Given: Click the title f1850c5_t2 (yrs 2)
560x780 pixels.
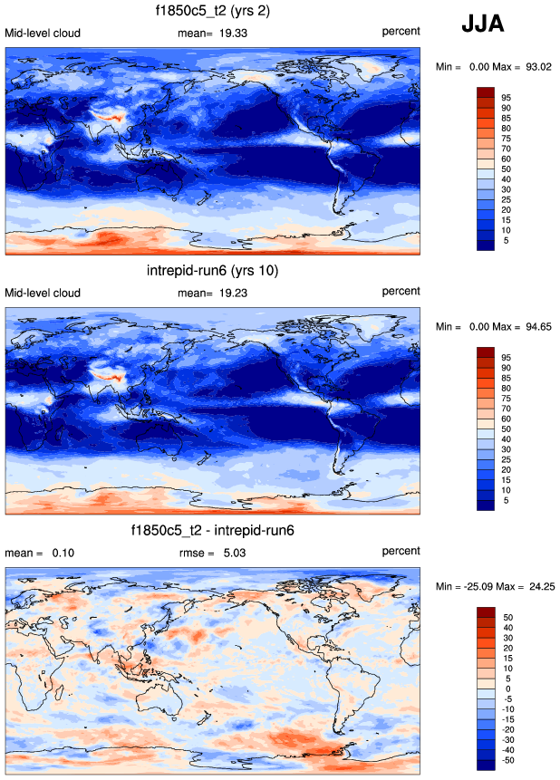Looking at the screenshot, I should coord(213,12).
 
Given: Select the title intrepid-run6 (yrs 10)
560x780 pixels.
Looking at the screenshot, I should coord(212,271).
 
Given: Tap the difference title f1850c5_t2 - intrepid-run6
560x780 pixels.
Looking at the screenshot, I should coord(212,530).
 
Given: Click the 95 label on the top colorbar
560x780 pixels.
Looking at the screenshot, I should coord(507,96).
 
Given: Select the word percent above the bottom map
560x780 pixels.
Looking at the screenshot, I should coord(401,551).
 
